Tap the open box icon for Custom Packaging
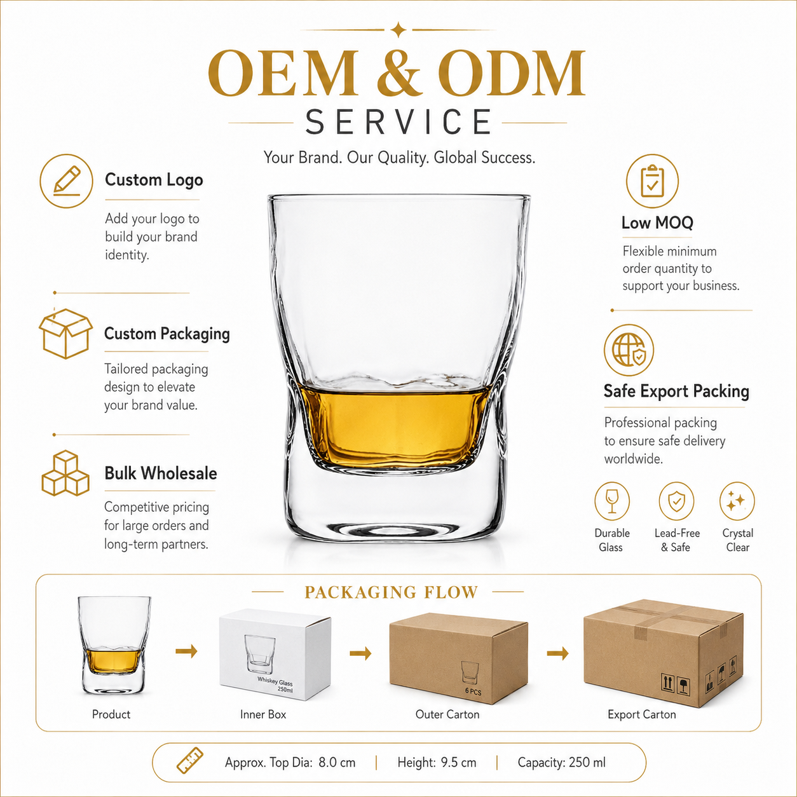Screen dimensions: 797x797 tap(65, 334)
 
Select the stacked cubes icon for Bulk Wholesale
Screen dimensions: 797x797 tap(65, 473)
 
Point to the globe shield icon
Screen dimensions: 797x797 tap(629, 350)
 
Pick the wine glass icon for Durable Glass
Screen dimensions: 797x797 tap(612, 501)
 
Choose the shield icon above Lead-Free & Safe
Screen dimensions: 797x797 tap(677, 501)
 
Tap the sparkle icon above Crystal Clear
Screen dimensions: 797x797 tap(737, 501)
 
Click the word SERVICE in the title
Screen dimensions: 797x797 tap(398, 123)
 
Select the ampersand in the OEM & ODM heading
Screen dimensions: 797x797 tap(398, 73)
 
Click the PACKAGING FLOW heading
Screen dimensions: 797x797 tap(392, 592)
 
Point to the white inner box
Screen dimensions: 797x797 tap(275, 654)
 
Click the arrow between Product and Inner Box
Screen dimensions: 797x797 tap(186, 652)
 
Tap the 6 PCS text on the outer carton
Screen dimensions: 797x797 tap(473, 691)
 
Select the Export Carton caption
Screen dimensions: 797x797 tap(641, 714)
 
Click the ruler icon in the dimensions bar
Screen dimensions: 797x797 tap(190, 761)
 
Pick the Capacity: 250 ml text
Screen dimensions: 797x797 tap(561, 762)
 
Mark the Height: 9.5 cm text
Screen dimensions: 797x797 tap(437, 762)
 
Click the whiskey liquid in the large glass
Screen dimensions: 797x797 tap(395, 426)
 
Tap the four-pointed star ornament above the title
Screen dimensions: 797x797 tap(398, 30)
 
